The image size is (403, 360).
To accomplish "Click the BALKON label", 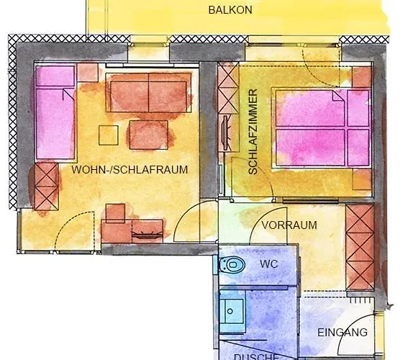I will pyautogui.click(x=230, y=10).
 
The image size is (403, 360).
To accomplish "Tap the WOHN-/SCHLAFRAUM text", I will pyautogui.click(x=130, y=170).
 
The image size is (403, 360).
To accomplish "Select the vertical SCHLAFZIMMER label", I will pyautogui.click(x=253, y=132).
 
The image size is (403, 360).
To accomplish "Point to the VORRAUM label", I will pyautogui.click(x=289, y=225).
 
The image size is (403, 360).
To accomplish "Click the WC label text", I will pyautogui.click(x=268, y=264).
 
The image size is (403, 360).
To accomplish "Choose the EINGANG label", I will pyautogui.click(x=343, y=332).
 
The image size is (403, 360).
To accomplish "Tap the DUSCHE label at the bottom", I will pyautogui.click(x=255, y=356).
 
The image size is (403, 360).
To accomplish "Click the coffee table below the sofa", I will pyautogui.click(x=148, y=134).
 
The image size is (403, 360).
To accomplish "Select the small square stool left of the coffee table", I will pyautogui.click(x=109, y=135).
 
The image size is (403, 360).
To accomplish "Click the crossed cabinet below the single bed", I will pyautogui.click(x=45, y=184).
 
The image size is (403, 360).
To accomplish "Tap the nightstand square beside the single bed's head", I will pyautogui.click(x=88, y=73).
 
